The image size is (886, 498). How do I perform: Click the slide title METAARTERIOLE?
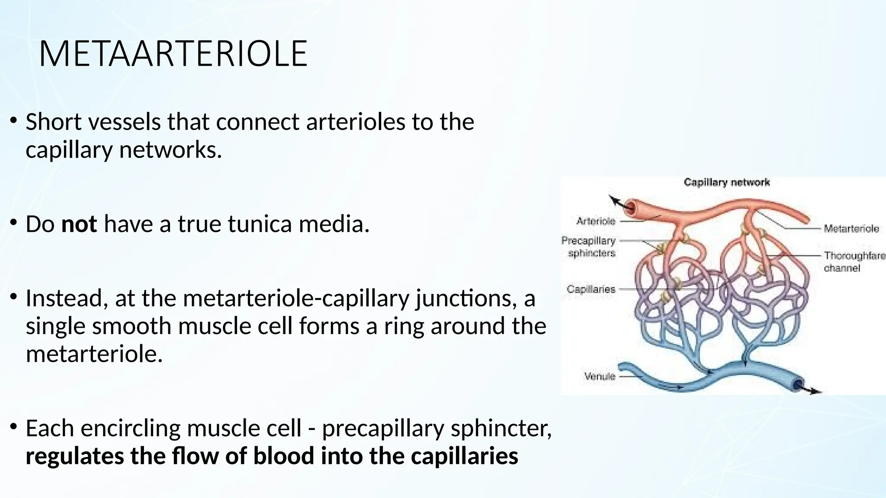[x=173, y=54]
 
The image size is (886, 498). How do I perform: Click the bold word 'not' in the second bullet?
[x=79, y=224]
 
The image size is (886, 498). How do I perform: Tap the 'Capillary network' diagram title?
[x=726, y=182]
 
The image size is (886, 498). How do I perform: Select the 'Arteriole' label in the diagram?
[x=596, y=221]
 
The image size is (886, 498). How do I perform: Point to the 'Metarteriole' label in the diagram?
[x=851, y=228]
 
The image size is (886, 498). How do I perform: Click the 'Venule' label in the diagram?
[x=599, y=376]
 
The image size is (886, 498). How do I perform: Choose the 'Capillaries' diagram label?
[x=591, y=289]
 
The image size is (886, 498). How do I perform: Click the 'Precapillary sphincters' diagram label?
[x=589, y=247]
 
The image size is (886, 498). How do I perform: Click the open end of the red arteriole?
[x=632, y=207]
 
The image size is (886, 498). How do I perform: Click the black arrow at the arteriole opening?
[x=616, y=201]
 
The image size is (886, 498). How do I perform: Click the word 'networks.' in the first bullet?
[x=170, y=150]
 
